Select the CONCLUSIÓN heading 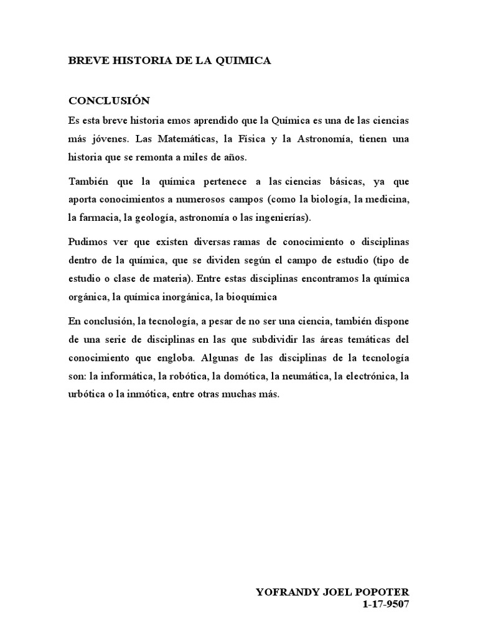(109, 101)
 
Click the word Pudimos (87, 241)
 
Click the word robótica (184, 376)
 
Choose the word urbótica (86, 396)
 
